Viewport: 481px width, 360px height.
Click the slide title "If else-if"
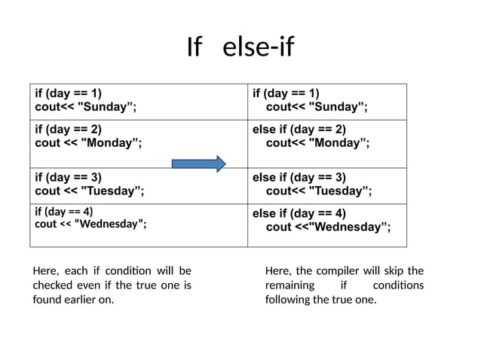[x=240, y=48]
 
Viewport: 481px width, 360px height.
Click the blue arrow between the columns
[x=199, y=164]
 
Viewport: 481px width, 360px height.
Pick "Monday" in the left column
[x=110, y=142]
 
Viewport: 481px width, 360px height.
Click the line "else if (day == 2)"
[x=299, y=129]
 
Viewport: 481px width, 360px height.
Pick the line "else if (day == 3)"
[x=299, y=177]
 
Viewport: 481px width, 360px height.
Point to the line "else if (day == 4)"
[x=299, y=213]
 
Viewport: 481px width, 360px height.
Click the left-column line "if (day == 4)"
[x=64, y=211]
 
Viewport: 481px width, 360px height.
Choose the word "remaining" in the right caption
[x=289, y=285]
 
